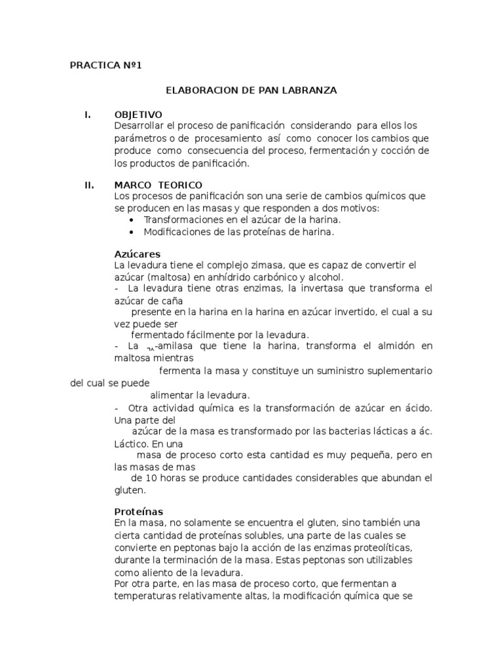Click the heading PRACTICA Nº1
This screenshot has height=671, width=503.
[x=105, y=66]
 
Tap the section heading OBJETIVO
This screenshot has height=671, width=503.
[x=138, y=115]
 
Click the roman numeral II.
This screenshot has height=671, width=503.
[x=89, y=185]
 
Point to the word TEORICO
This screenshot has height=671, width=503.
[x=180, y=185]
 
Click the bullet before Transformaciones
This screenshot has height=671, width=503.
[x=134, y=220]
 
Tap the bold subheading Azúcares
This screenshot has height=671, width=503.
[x=137, y=254]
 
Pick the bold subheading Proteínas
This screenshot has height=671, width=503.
[x=138, y=511]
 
